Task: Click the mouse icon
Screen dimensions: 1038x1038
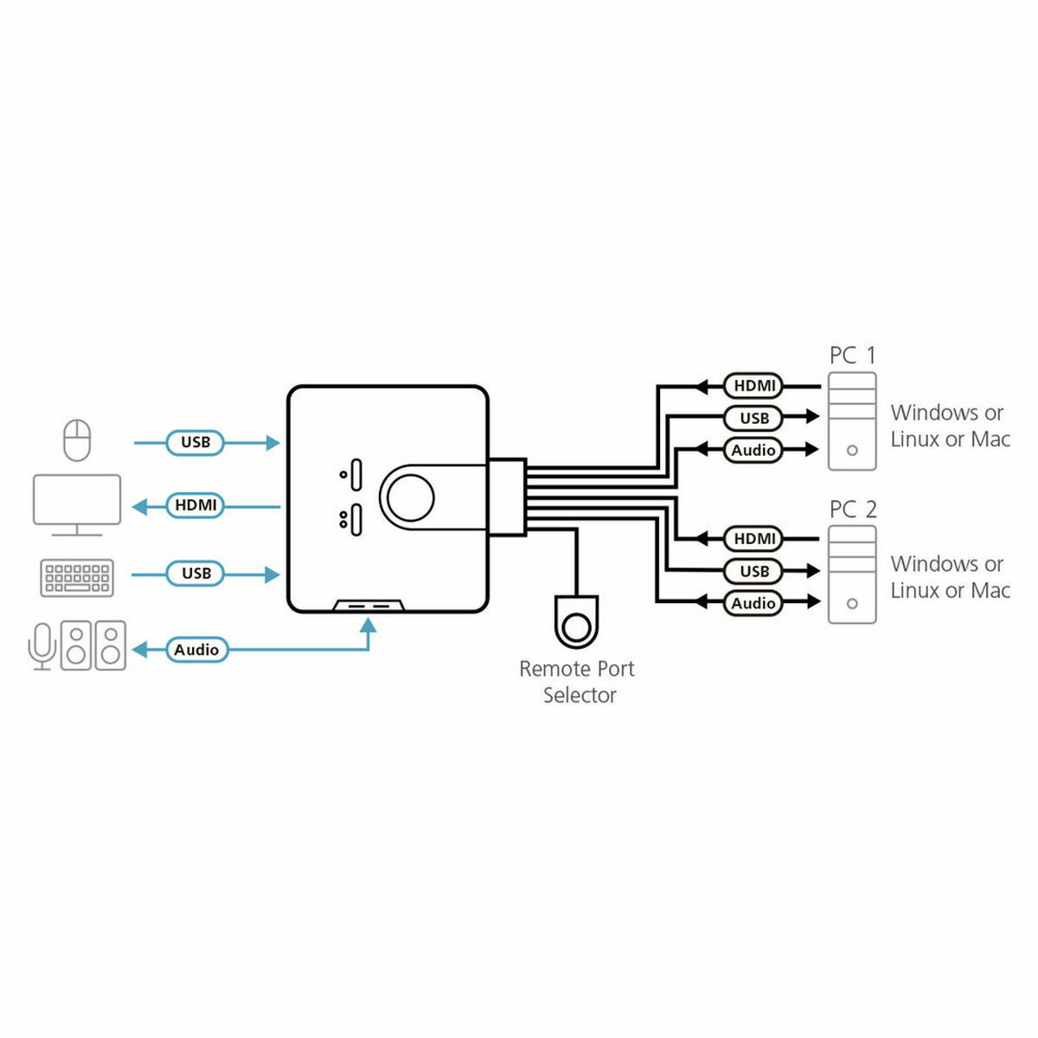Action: pyautogui.click(x=77, y=440)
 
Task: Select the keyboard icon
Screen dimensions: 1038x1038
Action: pyautogui.click(x=77, y=577)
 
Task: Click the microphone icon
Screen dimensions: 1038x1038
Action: pyautogui.click(x=42, y=645)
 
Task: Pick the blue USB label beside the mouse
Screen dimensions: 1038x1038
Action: pyautogui.click(x=195, y=442)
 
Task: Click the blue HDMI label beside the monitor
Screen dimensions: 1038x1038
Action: pyautogui.click(x=195, y=505)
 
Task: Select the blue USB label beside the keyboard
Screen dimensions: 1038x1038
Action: pyautogui.click(x=195, y=573)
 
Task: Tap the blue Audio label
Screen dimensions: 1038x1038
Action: pyautogui.click(x=196, y=650)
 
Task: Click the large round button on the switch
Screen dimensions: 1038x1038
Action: pyautogui.click(x=409, y=497)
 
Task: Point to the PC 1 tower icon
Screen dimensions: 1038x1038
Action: pyautogui.click(x=852, y=421)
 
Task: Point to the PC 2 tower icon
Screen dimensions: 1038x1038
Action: pyautogui.click(x=852, y=574)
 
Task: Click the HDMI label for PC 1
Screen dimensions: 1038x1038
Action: pyautogui.click(x=753, y=386)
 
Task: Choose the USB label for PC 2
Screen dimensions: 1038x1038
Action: pyautogui.click(x=753, y=571)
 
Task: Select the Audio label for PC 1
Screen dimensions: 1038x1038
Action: pyautogui.click(x=753, y=450)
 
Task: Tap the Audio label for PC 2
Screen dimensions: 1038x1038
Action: pyautogui.click(x=753, y=603)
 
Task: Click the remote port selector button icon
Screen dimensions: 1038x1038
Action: pyautogui.click(x=575, y=623)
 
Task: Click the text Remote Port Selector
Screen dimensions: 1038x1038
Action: pyautogui.click(x=577, y=682)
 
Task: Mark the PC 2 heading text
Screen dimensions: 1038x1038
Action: pyautogui.click(x=852, y=509)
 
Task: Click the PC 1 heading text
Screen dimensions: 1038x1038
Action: pyautogui.click(x=852, y=356)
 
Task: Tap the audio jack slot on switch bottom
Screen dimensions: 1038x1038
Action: pyautogui.click(x=368, y=607)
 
